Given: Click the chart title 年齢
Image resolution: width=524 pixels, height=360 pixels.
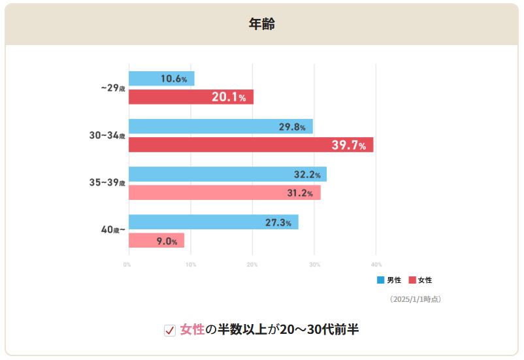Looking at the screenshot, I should pyautogui.click(x=261, y=24).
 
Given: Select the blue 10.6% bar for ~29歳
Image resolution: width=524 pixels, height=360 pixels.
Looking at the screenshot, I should pyautogui.click(x=161, y=78).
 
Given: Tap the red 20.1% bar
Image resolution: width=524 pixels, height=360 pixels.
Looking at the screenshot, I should pyautogui.click(x=191, y=97).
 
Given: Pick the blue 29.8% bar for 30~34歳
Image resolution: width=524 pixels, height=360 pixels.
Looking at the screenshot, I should pyautogui.click(x=221, y=126).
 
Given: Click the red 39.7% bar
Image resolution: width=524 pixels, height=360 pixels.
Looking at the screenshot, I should pyautogui.click(x=251, y=145).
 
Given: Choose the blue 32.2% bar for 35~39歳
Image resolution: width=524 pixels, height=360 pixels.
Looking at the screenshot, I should pyautogui.click(x=227, y=174).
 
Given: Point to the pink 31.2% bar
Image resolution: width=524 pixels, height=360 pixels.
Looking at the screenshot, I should pyautogui.click(x=224, y=193).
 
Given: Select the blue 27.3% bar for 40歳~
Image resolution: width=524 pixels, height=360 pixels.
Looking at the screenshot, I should pyautogui.click(x=213, y=222).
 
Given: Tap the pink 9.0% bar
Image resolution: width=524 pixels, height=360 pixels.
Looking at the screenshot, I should pyautogui.click(x=156, y=240).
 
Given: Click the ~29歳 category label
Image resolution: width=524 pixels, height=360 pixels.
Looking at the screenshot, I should pyautogui.click(x=112, y=88).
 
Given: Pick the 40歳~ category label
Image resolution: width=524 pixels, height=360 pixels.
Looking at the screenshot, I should pyautogui.click(x=112, y=231).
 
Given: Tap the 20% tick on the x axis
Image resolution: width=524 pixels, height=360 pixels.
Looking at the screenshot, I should pyautogui.click(x=252, y=265).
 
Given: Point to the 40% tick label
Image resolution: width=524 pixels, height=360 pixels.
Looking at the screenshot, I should pyautogui.click(x=376, y=265).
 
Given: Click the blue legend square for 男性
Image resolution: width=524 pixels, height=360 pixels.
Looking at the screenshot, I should pyautogui.click(x=380, y=280).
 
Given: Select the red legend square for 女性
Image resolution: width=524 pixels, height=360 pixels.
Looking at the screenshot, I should pyautogui.click(x=412, y=280).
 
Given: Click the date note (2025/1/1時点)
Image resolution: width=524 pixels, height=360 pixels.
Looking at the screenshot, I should pyautogui.click(x=415, y=299).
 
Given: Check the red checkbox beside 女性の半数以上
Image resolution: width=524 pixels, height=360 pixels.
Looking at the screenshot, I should pyautogui.click(x=170, y=330).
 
